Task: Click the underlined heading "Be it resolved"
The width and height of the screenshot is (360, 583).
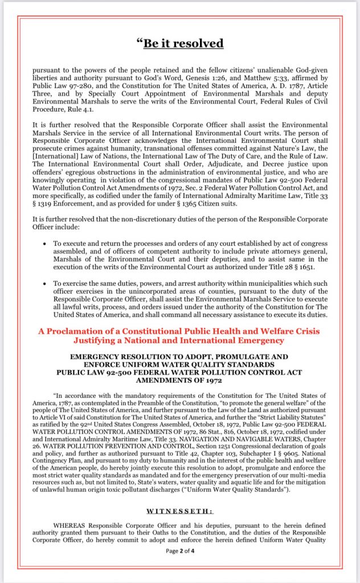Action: coord(180,43)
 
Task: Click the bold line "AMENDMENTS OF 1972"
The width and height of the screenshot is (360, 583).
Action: coord(179,380)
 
